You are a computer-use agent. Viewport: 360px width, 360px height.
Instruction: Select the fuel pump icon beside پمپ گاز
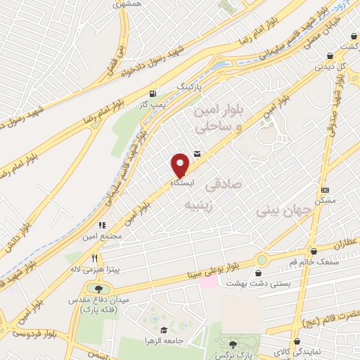click(153, 94)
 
